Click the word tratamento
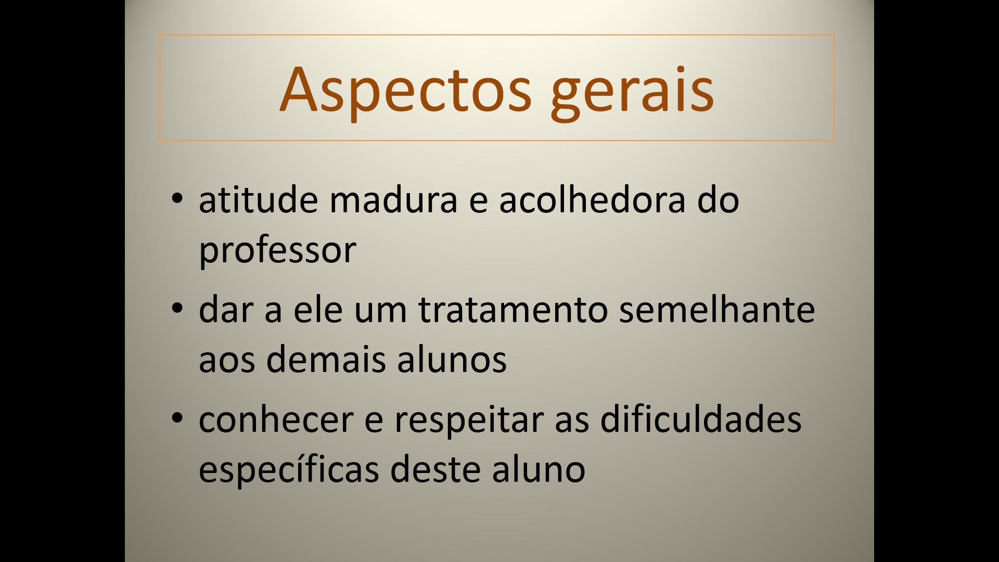pyautogui.click(x=513, y=310)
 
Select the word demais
pyautogui.click(x=326, y=359)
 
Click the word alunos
pyautogui.click(x=452, y=359)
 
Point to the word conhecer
pyautogui.click(x=276, y=419)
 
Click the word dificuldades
pyautogui.click(x=701, y=419)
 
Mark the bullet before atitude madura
pyautogui.click(x=177, y=198)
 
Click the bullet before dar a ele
pyautogui.click(x=177, y=308)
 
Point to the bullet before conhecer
pyautogui.click(x=177, y=417)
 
